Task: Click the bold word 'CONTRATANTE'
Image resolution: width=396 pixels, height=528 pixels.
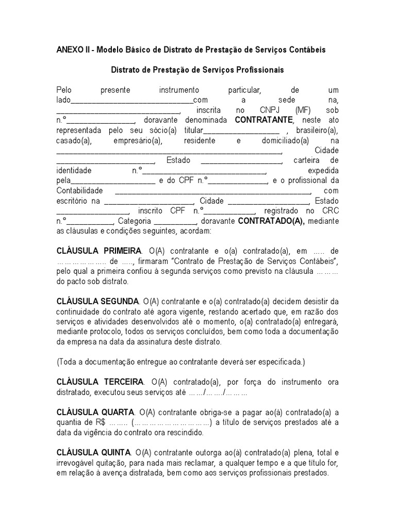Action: [263, 121]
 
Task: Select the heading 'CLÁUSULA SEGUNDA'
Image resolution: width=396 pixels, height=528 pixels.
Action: [97, 301]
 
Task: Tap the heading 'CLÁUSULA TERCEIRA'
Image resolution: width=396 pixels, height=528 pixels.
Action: [100, 382]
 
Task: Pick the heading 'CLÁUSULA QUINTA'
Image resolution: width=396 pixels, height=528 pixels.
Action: [94, 453]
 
